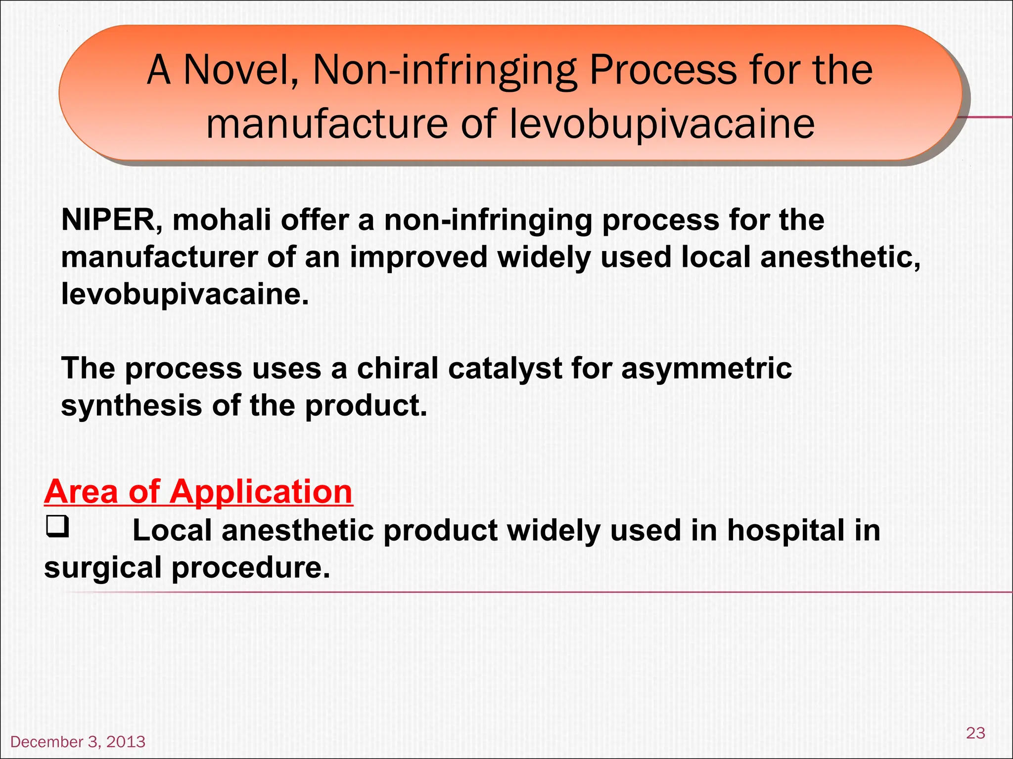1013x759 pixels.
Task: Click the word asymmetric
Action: tap(706, 369)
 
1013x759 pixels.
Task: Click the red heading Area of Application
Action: tap(198, 492)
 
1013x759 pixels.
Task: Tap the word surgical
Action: tap(103, 567)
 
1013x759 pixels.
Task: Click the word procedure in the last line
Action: tap(250, 567)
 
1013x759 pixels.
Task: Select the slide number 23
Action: tap(975, 732)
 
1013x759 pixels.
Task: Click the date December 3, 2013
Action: tap(78, 742)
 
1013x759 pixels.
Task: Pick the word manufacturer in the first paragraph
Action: tap(159, 257)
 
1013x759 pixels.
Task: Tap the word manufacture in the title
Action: tap(326, 124)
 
